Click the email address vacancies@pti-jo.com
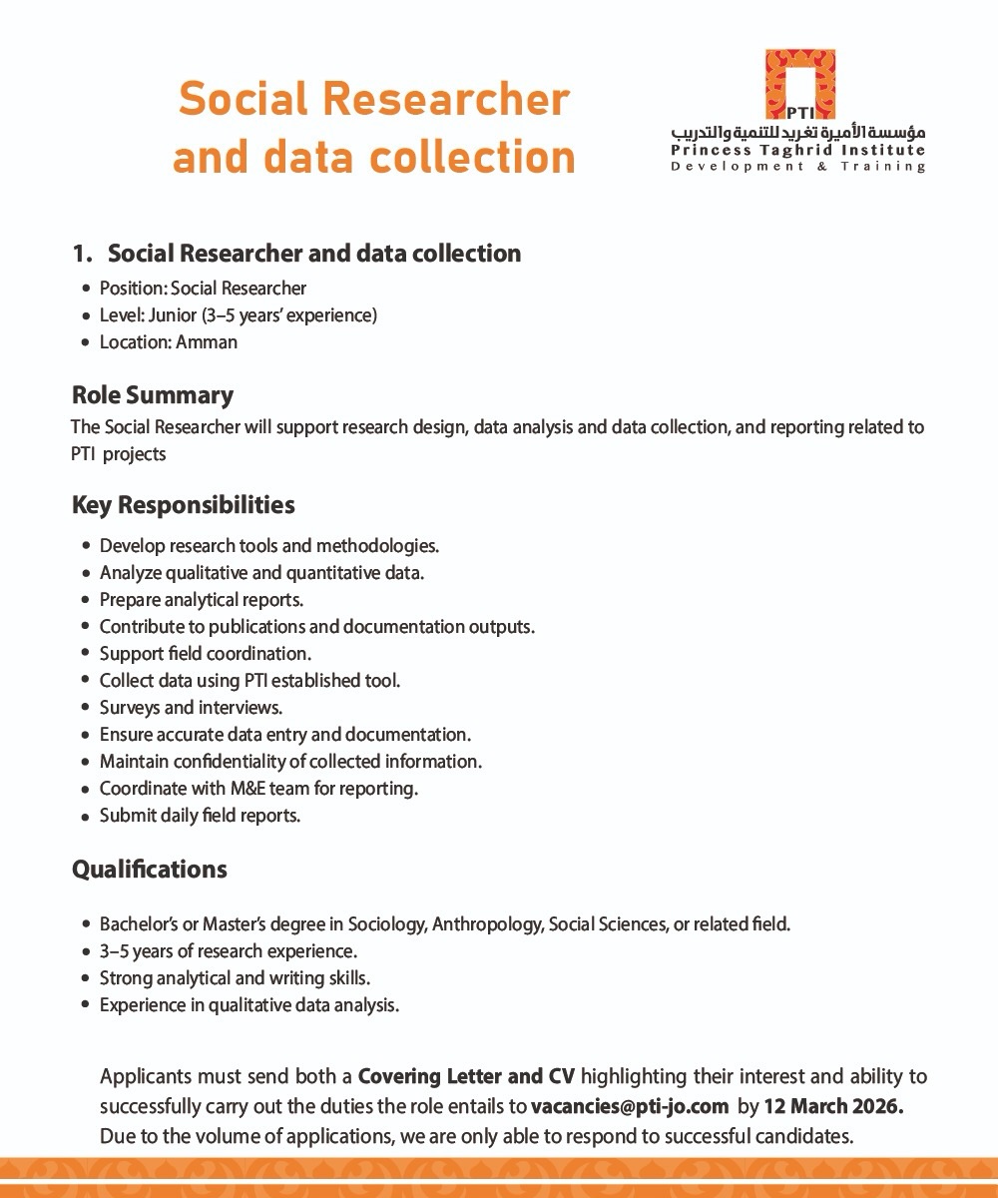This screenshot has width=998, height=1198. click(630, 1106)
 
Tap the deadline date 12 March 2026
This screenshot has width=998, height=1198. click(833, 1106)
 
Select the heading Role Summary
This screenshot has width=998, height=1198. click(152, 395)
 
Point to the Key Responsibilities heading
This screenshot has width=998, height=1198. click(183, 505)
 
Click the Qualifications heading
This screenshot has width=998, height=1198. click(149, 870)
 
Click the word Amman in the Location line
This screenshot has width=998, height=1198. click(207, 342)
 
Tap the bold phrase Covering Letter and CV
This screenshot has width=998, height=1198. click(466, 1077)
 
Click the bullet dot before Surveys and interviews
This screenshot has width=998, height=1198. click(87, 708)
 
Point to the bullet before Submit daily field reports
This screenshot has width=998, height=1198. click(87, 816)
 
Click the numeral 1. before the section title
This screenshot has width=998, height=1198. click(83, 254)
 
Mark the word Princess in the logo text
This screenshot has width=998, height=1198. click(708, 151)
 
